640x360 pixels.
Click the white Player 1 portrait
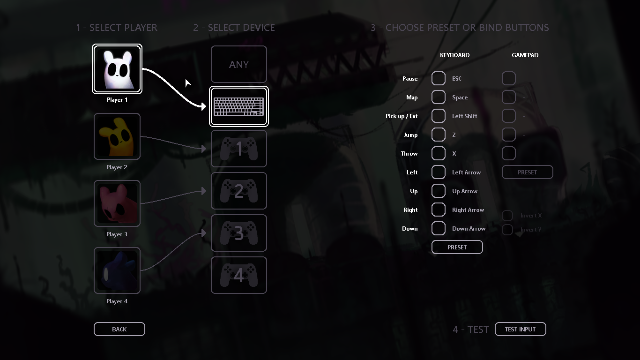[117, 69]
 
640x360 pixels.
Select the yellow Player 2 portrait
[117, 136]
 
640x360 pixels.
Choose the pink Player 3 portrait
[117, 203]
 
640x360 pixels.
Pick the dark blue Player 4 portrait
[117, 270]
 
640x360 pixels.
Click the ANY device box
[239, 64]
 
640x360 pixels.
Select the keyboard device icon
[239, 107]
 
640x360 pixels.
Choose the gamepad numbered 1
[239, 149]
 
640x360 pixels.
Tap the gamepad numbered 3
[239, 233]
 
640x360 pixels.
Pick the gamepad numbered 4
[239, 275]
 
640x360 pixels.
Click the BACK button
[119, 329]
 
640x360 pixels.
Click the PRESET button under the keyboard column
[457, 247]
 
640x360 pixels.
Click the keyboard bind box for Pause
[438, 79]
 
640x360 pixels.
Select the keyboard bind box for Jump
[438, 135]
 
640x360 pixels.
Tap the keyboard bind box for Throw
[438, 154]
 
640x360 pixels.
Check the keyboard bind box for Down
[438, 229]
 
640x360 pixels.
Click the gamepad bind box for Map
[509, 97]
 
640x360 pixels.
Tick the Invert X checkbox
[507, 216]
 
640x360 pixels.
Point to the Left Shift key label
[464, 116]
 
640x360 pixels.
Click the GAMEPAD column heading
[525, 55]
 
